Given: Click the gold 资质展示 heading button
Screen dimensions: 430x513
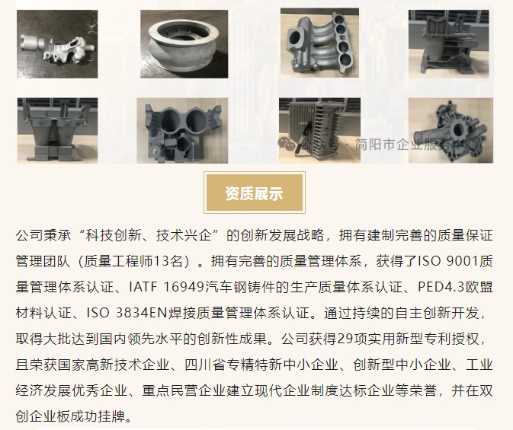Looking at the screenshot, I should [x=254, y=193].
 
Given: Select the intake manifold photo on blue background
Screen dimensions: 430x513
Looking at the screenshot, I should [x=319, y=43].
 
